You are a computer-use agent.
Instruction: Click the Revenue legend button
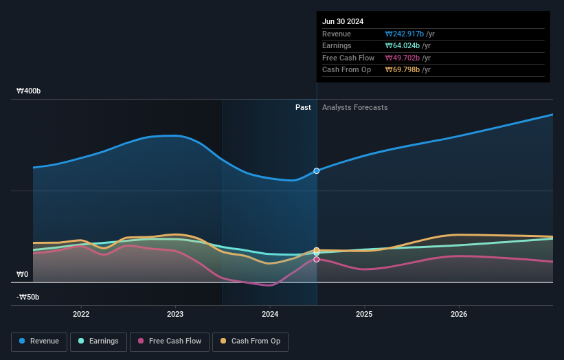tap(40, 341)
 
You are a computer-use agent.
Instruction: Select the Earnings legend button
tap(99, 341)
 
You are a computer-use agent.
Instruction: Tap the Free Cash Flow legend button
tap(169, 341)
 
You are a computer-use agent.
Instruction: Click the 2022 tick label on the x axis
tap(81, 314)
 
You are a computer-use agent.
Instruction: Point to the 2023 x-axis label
tap(175, 314)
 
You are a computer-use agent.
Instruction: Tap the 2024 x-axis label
tap(270, 314)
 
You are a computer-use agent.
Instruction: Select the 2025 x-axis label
tap(364, 314)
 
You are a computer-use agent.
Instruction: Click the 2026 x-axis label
tap(459, 314)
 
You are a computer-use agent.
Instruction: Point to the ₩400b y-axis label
tap(29, 91)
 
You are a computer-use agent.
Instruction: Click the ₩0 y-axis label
tap(23, 274)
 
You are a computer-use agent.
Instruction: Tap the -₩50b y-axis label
tap(28, 297)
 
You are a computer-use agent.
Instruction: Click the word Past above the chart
tap(303, 107)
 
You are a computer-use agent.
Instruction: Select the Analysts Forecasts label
tap(354, 107)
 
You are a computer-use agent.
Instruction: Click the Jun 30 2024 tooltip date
tap(343, 21)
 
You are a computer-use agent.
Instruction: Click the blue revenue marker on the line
tap(317, 170)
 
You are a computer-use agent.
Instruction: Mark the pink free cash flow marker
tap(317, 259)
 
